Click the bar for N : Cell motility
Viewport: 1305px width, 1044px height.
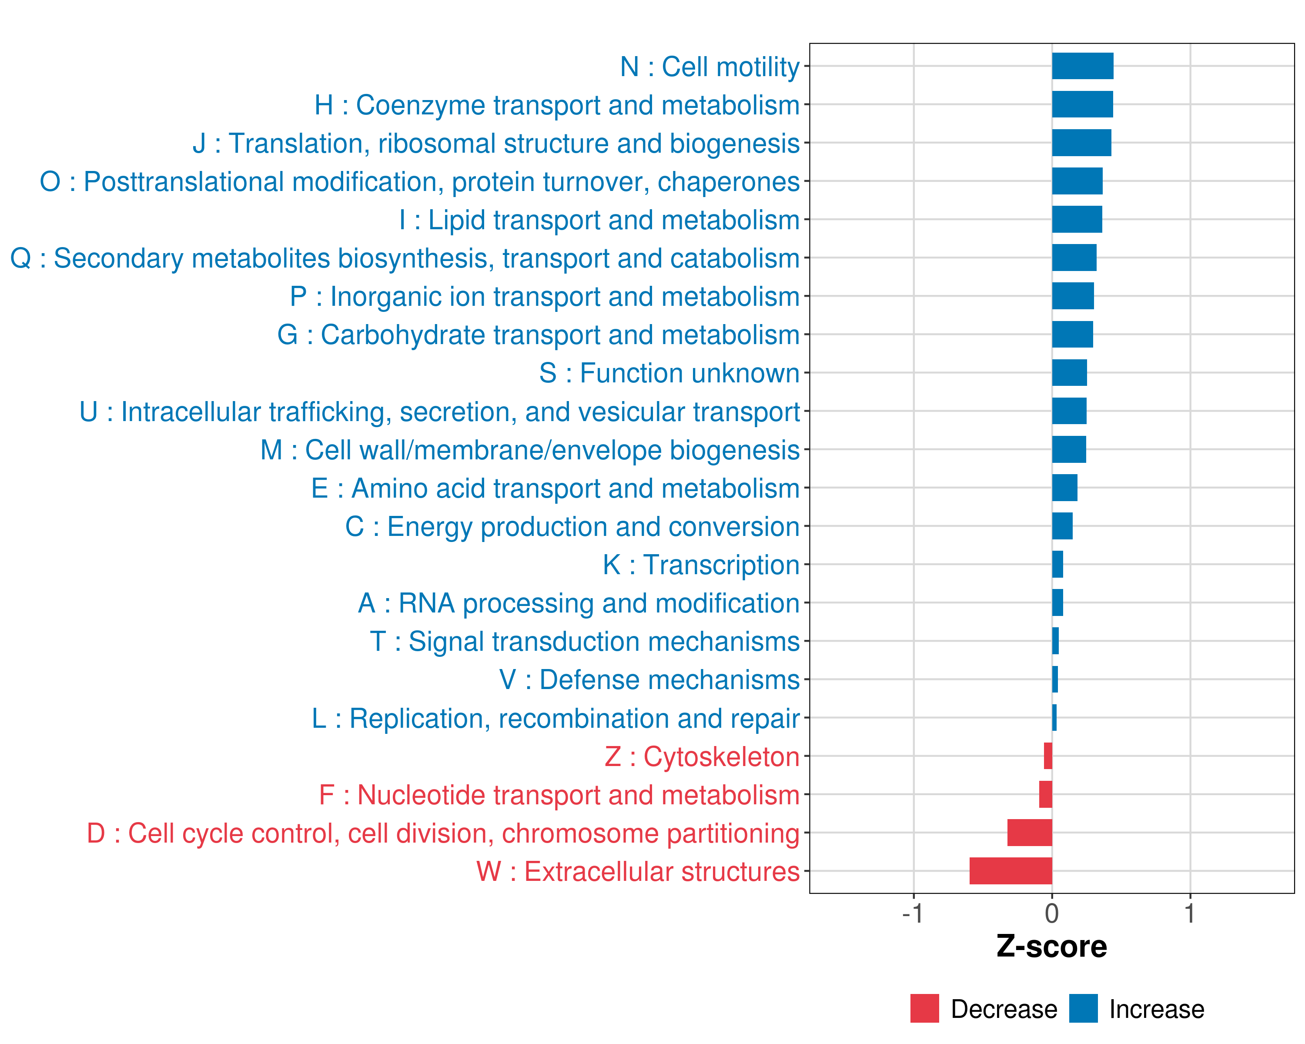coord(1082,66)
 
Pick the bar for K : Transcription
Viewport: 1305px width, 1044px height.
coord(1057,564)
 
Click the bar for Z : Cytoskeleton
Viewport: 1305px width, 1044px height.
coord(1048,756)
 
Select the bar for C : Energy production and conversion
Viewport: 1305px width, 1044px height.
coord(1062,526)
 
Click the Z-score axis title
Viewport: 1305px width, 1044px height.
coord(1051,946)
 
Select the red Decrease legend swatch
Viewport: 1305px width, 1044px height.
coord(924,1008)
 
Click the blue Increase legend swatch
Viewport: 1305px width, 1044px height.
coord(1083,1008)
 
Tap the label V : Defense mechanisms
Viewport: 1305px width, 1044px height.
coord(649,679)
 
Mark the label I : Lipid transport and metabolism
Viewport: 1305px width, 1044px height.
coord(599,220)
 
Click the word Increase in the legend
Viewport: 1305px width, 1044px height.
coord(1156,1010)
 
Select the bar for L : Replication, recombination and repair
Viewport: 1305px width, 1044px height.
coord(1054,718)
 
